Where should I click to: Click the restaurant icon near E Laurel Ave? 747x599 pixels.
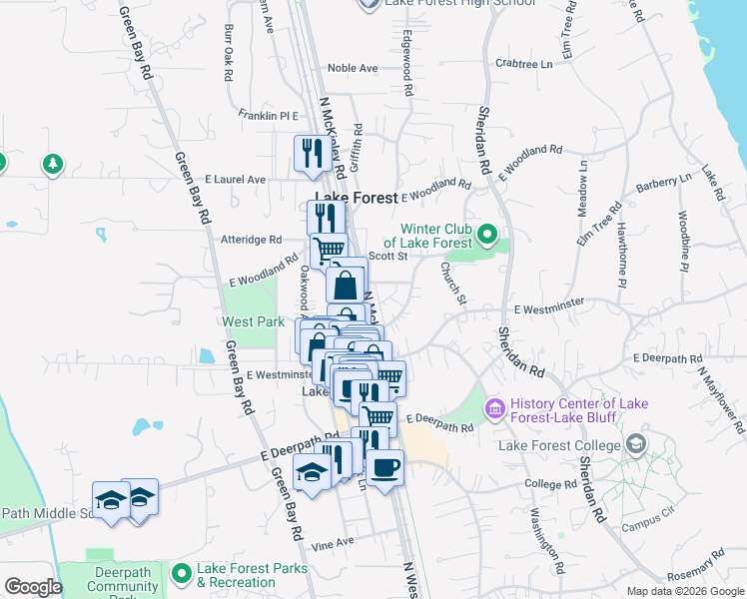pos(313,153)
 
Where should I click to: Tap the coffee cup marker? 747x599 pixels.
pos(384,466)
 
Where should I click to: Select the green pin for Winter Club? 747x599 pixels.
pos(487,236)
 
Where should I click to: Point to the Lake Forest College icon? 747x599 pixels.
pos(635,445)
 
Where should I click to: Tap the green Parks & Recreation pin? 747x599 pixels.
pos(182,573)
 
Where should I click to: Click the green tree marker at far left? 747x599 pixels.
pos(52,163)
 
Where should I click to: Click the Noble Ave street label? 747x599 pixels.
pos(354,68)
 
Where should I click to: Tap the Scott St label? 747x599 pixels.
pos(388,256)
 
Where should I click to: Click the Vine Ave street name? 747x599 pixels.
pos(333,542)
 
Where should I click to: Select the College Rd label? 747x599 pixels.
pos(550,483)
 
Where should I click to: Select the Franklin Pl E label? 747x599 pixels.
pos(269,116)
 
